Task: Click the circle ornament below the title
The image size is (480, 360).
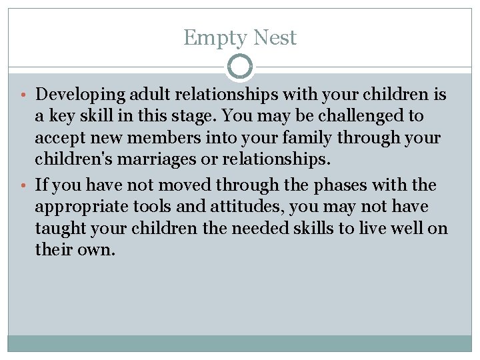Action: [240, 67]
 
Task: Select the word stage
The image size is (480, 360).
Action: [191, 116]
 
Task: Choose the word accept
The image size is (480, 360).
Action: [59, 139]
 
